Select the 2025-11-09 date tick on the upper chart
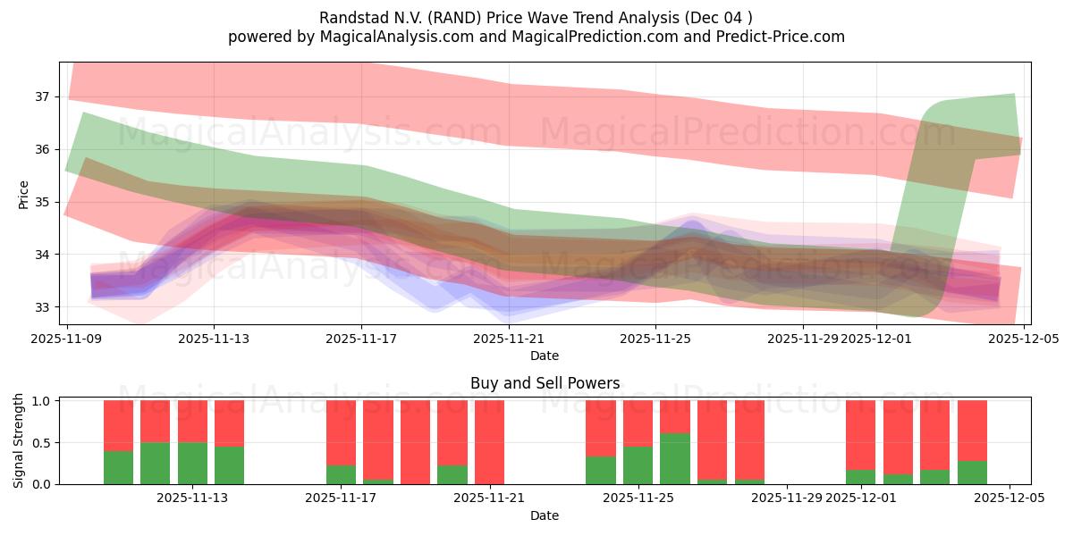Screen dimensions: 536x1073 click(x=67, y=339)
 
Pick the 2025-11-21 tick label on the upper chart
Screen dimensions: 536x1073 click(x=509, y=339)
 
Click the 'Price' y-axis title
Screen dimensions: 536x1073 click(x=23, y=194)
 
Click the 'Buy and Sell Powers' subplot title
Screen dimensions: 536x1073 click(x=545, y=383)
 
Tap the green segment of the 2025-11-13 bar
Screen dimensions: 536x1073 click(x=192, y=464)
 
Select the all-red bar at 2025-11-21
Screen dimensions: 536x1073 click(x=489, y=442)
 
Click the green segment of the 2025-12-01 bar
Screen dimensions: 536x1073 click(x=860, y=477)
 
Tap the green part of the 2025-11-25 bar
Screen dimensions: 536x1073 click(x=638, y=465)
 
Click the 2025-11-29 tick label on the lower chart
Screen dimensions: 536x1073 click(x=787, y=498)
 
